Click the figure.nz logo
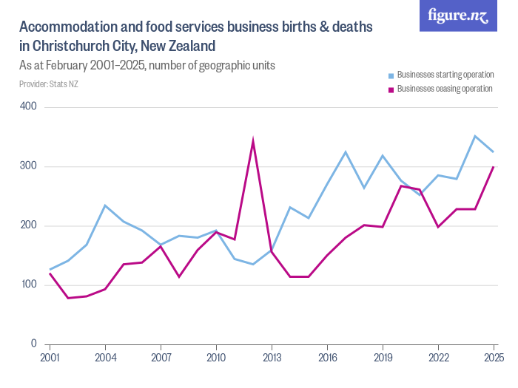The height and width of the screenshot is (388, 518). click(x=458, y=16)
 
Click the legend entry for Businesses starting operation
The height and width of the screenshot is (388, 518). click(x=445, y=75)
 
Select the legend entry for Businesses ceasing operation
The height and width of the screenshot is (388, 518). click(x=444, y=89)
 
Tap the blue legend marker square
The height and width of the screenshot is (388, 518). click(x=391, y=75)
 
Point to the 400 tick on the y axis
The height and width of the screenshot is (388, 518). click(x=29, y=107)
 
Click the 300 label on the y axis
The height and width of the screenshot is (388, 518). click(x=29, y=166)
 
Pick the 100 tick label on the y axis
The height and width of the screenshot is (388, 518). click(x=29, y=285)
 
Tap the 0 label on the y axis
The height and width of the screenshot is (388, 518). click(x=34, y=344)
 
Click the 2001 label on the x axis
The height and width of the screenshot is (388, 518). click(x=50, y=358)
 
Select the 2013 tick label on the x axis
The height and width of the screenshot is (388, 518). click(x=272, y=358)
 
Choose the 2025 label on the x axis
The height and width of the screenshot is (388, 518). click(x=494, y=358)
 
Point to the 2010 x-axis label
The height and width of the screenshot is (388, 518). click(x=216, y=358)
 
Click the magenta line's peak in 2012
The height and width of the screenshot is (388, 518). click(x=253, y=140)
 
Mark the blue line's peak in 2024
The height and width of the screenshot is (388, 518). click(x=475, y=136)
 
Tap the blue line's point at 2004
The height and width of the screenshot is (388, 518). click(x=105, y=205)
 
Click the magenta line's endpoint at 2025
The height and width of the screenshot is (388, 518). click(x=493, y=167)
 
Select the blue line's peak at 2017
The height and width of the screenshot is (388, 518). click(x=346, y=152)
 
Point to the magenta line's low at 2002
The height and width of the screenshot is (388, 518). click(x=68, y=298)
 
